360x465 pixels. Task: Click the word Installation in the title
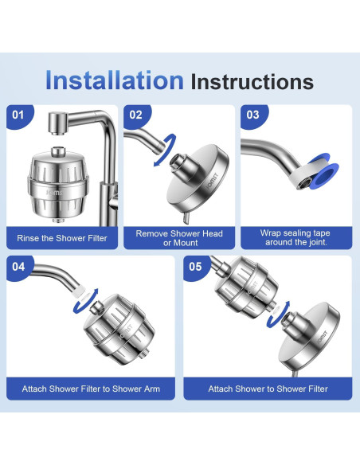click(115, 80)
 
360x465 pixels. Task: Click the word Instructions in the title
click(252, 81)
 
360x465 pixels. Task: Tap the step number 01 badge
click(18, 115)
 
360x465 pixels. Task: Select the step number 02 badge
click(136, 115)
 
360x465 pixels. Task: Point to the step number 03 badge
click(253, 115)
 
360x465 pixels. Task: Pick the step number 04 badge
click(18, 267)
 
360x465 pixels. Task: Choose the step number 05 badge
click(195, 267)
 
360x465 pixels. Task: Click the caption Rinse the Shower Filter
click(62, 238)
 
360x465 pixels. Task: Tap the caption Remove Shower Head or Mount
click(179, 238)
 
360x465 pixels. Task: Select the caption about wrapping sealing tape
click(295, 237)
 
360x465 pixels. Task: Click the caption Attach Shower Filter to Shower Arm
click(91, 389)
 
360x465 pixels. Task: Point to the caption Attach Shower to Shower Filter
click(268, 389)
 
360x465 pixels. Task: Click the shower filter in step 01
click(58, 186)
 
